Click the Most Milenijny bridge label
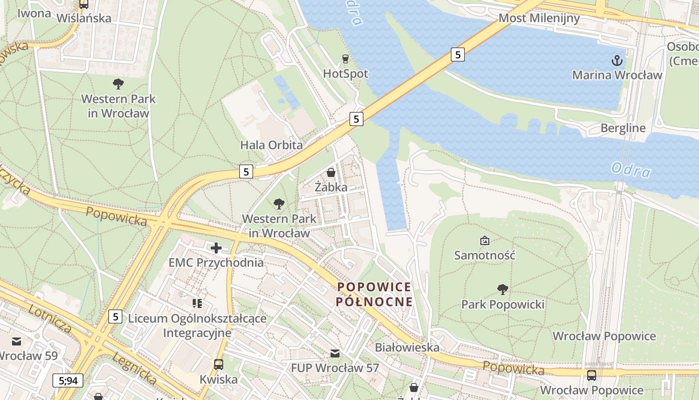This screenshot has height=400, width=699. coord(539,18)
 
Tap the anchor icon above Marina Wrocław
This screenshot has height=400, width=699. coord(618,61)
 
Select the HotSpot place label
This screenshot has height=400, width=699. coord(346,73)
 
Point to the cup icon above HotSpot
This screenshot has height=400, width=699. coord(345,59)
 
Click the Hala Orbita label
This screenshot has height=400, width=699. coord(271,145)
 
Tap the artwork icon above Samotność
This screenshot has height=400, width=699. coord(484,240)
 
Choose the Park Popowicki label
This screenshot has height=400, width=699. coord(503,304)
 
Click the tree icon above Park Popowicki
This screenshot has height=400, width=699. coord(503,289)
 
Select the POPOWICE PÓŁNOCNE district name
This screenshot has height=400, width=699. coord(374,294)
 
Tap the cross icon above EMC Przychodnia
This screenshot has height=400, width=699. coord(216,247)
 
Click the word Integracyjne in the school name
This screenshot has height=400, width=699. coord(197,332)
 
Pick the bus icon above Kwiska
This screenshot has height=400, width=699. coord(218,364)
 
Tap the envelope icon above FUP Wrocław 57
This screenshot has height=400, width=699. coord(335,353)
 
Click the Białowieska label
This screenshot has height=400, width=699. coord(407,347)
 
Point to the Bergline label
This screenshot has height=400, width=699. coord(623,127)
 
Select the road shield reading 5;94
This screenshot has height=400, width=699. coord(68,380)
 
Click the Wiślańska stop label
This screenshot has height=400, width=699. coord(84,18)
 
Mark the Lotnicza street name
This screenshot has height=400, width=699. coord(50,318)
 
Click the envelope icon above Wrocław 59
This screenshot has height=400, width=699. coord(16,341)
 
